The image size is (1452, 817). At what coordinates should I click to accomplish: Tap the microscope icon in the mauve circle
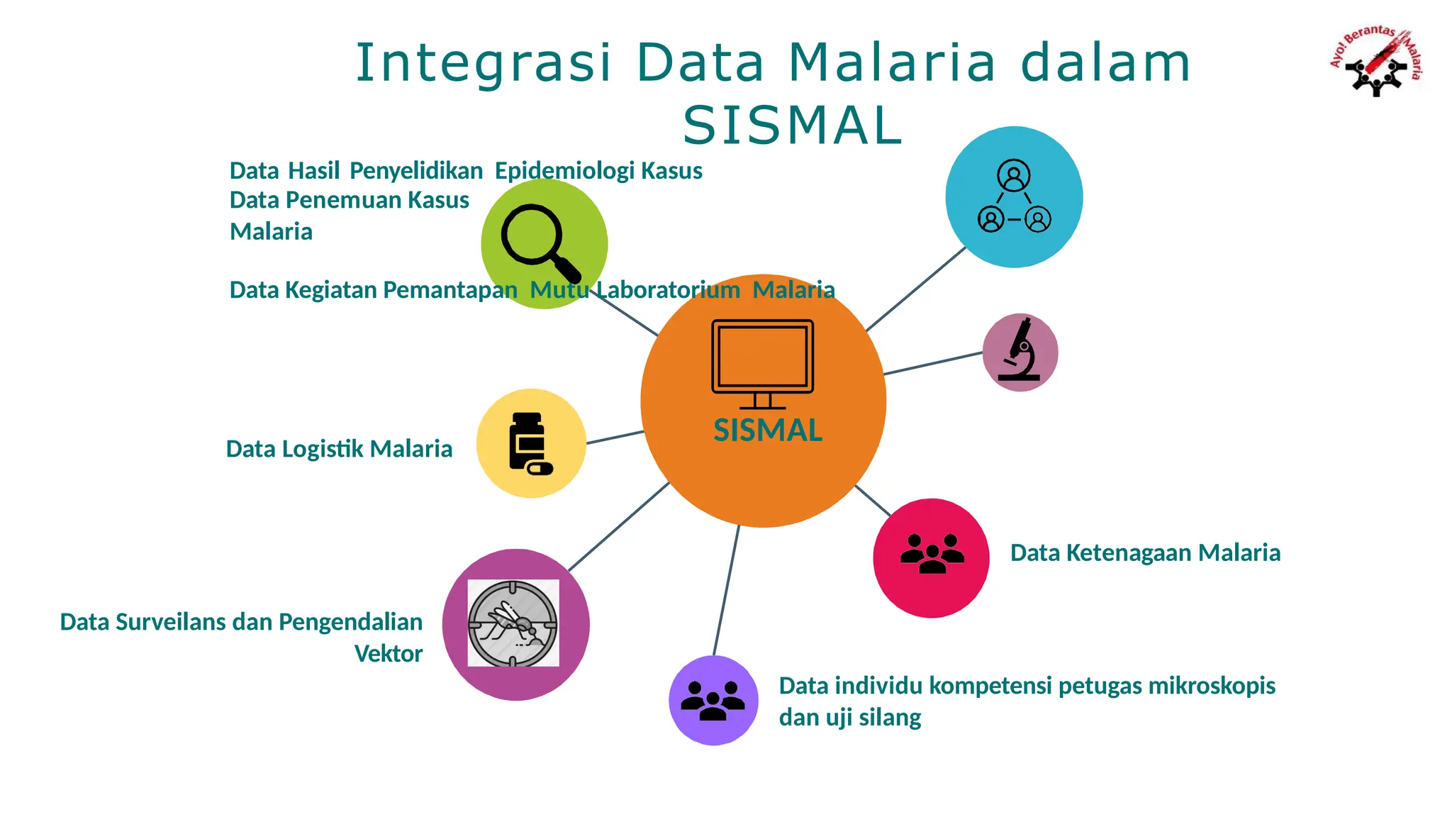(x=1020, y=350)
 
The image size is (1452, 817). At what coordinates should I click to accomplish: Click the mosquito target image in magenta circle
(x=513, y=623)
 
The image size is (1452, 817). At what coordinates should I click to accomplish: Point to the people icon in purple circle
(x=713, y=701)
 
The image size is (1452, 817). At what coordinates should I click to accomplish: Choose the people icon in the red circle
(x=932, y=554)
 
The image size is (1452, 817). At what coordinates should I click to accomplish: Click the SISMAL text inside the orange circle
(x=767, y=430)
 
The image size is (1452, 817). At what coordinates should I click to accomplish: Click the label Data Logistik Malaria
(x=339, y=449)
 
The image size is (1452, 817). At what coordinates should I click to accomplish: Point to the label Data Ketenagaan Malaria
(x=1145, y=552)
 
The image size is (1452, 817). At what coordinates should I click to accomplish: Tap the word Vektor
(x=388, y=653)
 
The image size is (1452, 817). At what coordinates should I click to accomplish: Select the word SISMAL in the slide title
(x=792, y=126)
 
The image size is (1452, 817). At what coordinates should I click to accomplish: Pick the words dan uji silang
(x=849, y=718)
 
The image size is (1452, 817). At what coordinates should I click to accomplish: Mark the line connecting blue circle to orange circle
(x=916, y=289)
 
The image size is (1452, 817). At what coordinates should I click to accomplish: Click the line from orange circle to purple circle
(x=726, y=590)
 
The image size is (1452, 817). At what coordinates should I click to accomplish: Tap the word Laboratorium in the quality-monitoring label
(x=668, y=290)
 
